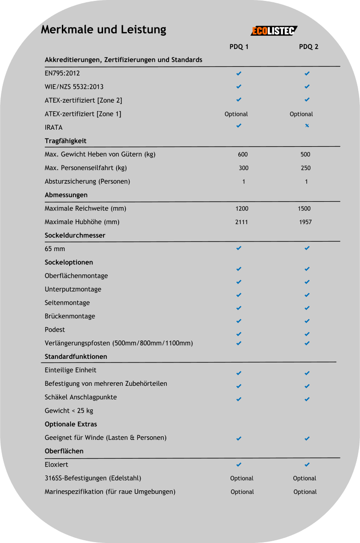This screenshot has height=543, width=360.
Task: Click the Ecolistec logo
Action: point(273,31)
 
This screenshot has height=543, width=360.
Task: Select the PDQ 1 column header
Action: point(239,47)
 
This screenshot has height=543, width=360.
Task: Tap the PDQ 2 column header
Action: point(309,47)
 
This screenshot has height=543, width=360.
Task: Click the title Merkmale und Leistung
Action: point(104,30)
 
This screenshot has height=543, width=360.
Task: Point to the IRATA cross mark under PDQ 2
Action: point(307,126)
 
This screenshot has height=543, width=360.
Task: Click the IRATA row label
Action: point(54,127)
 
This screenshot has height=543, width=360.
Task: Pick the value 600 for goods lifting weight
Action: point(243,154)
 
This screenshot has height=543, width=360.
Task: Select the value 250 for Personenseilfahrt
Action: point(305,168)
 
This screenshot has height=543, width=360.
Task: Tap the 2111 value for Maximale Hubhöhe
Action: point(242,222)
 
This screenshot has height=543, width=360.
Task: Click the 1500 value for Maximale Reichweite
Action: point(304,208)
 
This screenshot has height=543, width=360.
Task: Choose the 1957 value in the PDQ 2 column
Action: point(305,222)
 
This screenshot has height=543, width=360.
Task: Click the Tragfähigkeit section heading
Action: point(65,141)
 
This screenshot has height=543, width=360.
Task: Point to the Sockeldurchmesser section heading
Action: point(75,236)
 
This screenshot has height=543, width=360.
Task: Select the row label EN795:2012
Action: point(62,73)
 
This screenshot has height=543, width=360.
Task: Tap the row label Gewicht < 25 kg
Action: point(69,411)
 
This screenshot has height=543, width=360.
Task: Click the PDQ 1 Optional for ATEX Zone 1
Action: point(236,114)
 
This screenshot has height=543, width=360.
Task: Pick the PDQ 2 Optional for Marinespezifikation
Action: point(305,492)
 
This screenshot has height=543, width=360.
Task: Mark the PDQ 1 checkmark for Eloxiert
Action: point(239,465)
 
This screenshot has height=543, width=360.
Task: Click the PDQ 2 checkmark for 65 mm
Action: point(307,248)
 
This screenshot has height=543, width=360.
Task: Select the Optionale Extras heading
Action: point(71,424)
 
